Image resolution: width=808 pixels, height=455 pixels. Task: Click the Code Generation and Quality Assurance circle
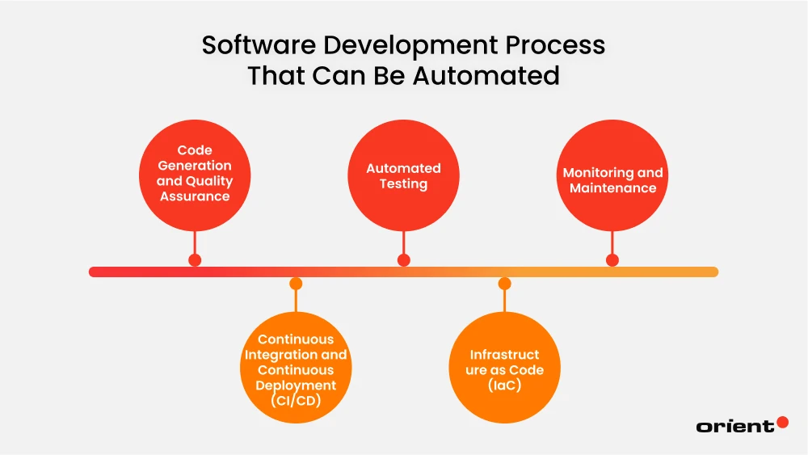[x=194, y=174]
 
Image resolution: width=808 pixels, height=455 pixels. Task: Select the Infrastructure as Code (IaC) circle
[x=504, y=369]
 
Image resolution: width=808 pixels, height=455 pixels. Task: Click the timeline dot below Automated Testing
[x=404, y=260]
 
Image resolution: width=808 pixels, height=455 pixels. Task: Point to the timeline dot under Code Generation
[x=195, y=260]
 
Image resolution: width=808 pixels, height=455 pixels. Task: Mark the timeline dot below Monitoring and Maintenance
[x=612, y=260]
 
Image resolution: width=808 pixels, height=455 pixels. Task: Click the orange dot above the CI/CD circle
[x=296, y=284]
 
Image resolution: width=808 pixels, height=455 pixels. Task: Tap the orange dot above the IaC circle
[x=504, y=284]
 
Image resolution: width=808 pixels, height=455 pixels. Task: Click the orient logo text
[x=734, y=426]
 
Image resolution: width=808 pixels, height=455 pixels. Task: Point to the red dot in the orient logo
[x=782, y=422]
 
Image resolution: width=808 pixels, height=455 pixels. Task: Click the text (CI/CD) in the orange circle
[x=296, y=400]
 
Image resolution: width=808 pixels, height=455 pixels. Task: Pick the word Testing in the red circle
[x=404, y=183]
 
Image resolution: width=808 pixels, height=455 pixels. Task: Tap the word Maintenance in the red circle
[x=612, y=188]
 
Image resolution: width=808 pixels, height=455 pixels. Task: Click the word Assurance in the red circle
[x=194, y=196]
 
